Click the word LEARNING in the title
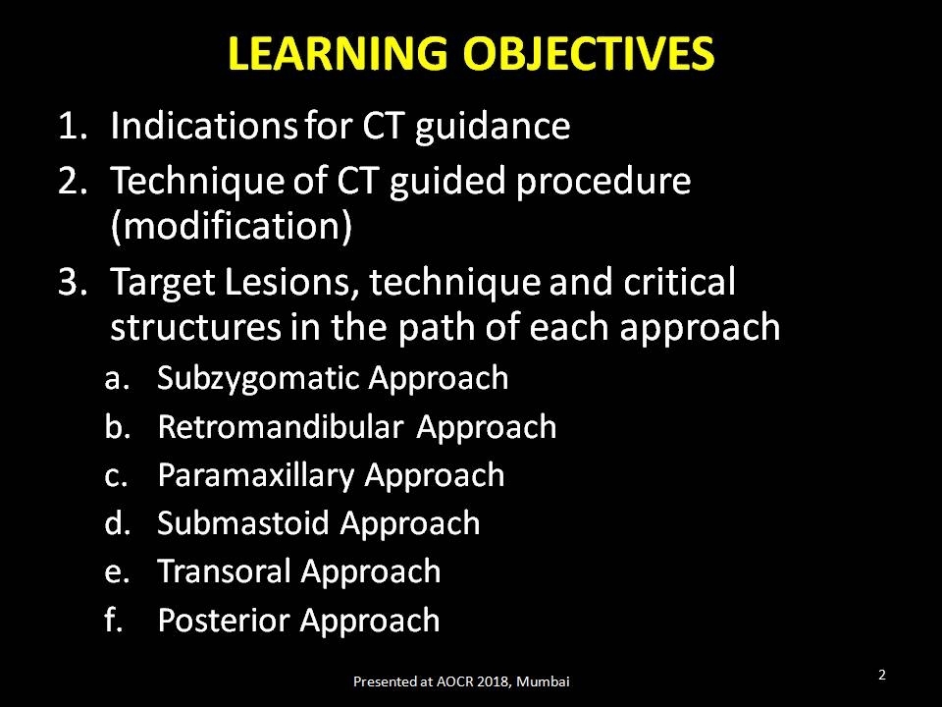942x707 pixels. pyautogui.click(x=338, y=53)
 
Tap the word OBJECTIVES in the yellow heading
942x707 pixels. pyautogui.click(x=589, y=53)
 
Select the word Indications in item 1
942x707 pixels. pyautogui.click(x=204, y=127)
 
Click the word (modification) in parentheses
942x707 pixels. pyautogui.click(x=232, y=227)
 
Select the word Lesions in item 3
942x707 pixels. pyautogui.click(x=292, y=282)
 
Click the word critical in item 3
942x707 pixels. pyautogui.click(x=679, y=282)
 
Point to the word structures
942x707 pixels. pyautogui.click(x=196, y=327)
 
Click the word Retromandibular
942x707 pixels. pyautogui.click(x=280, y=427)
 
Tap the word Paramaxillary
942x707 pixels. pyautogui.click(x=256, y=476)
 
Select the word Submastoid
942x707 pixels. pyautogui.click(x=243, y=523)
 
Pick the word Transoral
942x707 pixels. pyautogui.click(x=224, y=571)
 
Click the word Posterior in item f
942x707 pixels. pyautogui.click(x=224, y=620)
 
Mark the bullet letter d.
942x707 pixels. pyautogui.click(x=117, y=522)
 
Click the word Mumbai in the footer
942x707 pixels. pyautogui.click(x=543, y=681)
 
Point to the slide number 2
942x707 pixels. pyautogui.click(x=882, y=675)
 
